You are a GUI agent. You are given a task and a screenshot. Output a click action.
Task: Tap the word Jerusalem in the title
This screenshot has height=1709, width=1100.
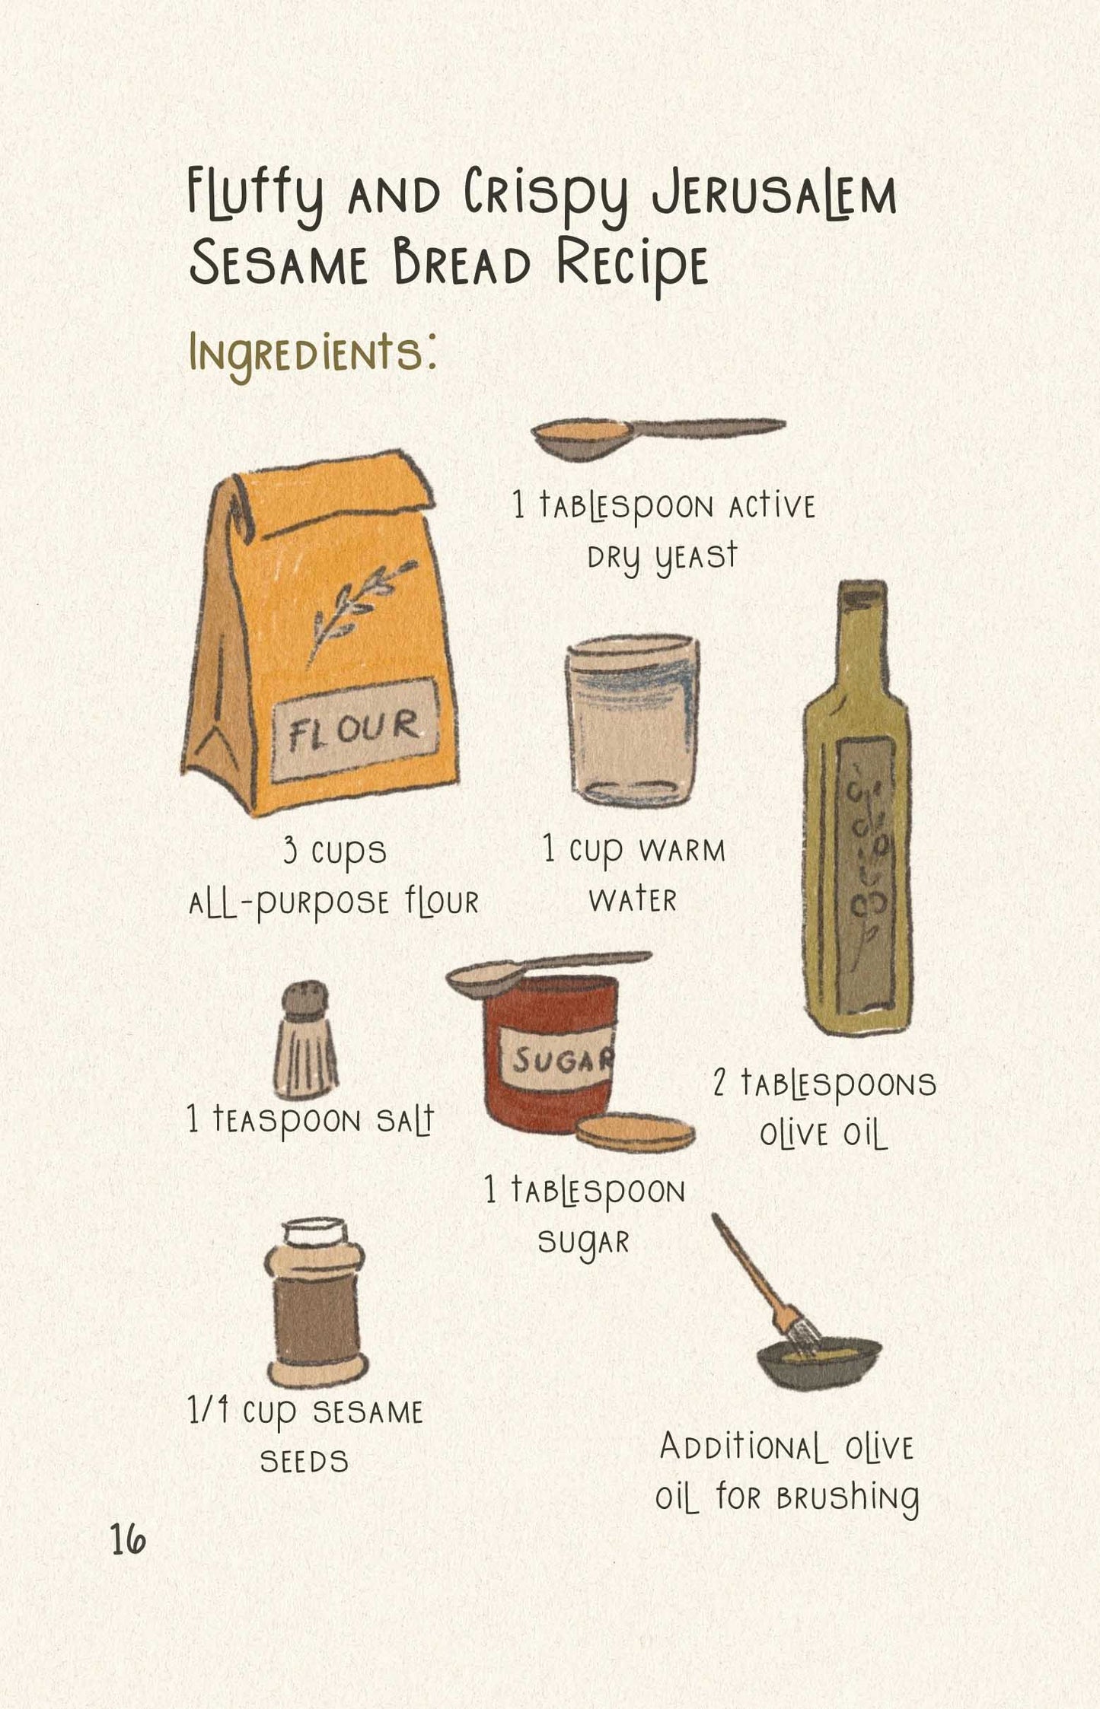tap(774, 196)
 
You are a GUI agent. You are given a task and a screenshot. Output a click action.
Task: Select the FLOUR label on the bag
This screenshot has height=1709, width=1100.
tap(355, 729)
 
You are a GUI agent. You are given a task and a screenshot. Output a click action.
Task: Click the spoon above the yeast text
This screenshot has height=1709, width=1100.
tap(658, 437)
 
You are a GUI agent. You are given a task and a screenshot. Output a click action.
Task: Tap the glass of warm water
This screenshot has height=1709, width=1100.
tap(632, 720)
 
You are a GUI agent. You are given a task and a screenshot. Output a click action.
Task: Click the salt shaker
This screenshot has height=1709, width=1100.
tap(305, 1039)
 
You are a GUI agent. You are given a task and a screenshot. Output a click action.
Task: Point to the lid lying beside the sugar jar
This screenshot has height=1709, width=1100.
tap(635, 1134)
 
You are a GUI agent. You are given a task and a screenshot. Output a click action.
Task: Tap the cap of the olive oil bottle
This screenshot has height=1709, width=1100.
tap(862, 596)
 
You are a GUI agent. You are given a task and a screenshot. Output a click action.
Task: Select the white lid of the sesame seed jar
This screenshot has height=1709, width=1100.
tap(314, 1230)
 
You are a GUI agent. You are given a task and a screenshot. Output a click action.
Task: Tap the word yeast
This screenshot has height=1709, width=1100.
tap(696, 558)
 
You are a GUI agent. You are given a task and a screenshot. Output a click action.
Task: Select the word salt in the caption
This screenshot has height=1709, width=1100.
tap(405, 1119)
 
